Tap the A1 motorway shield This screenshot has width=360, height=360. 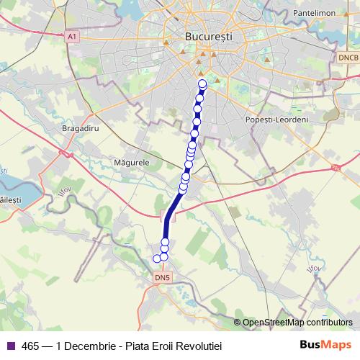[71, 35]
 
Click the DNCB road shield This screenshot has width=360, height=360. [347, 56]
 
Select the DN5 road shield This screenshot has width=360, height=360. [163, 276]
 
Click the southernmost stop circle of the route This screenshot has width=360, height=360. [157, 258]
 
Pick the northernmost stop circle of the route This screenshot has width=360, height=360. [202, 84]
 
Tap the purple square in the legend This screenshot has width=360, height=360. [10, 346]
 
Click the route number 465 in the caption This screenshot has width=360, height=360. [30, 346]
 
